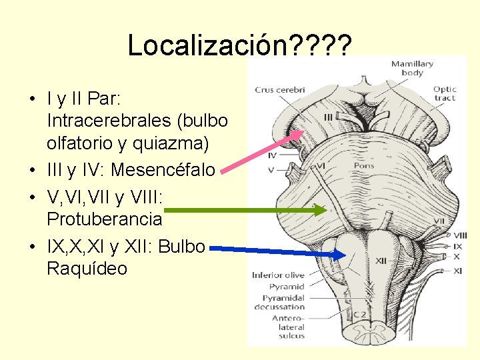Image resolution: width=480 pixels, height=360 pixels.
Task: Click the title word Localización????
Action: [238, 45]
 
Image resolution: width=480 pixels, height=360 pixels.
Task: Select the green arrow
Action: [240, 209]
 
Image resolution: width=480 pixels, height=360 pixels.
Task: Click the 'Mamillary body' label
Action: [412, 68]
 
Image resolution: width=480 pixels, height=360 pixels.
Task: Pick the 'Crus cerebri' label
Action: [279, 90]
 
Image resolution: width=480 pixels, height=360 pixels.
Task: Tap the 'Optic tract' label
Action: [445, 93]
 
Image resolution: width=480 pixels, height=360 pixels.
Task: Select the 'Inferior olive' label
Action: [278, 275]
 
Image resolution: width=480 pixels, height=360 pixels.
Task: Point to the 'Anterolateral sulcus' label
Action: [288, 327]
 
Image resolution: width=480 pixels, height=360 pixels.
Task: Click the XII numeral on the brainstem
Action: [382, 260]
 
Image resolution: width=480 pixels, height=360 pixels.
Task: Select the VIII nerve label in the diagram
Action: [460, 235]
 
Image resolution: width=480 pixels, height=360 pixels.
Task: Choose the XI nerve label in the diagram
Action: [458, 271]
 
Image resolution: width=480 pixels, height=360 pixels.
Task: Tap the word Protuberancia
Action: [105, 218]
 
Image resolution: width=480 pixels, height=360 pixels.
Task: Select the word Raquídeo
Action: [87, 269]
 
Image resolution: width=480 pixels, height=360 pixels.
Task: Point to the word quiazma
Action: [176, 143]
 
